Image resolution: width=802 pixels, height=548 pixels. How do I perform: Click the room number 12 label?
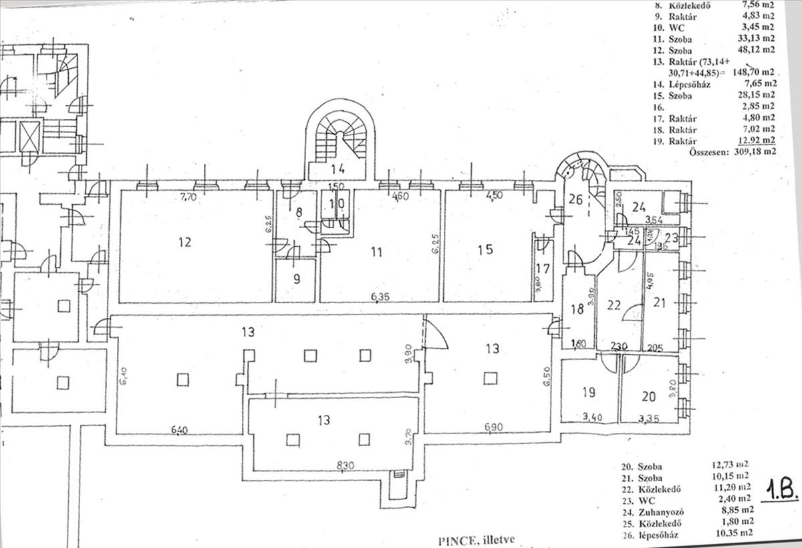185,242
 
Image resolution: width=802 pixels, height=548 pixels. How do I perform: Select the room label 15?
486,250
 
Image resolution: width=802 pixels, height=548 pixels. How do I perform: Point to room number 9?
297,279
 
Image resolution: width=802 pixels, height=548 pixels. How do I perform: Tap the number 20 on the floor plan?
648,396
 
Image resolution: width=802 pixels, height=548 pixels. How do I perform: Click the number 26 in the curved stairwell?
575,198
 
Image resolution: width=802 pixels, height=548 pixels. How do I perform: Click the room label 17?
542,270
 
